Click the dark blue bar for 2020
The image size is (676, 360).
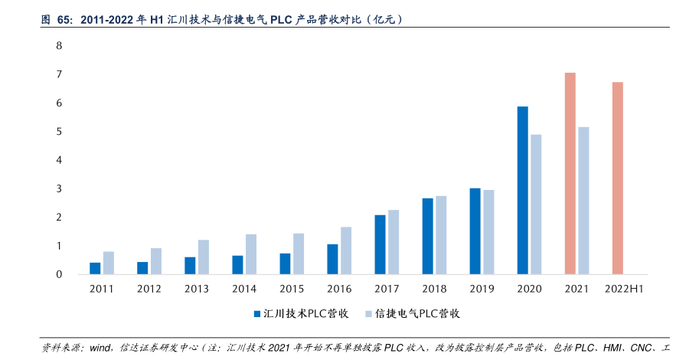coord(523,190)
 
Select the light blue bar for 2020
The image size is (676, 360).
coord(536,204)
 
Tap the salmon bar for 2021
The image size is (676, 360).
coord(570,173)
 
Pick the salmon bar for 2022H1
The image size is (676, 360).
coord(617,178)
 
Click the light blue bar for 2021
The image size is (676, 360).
coord(583,200)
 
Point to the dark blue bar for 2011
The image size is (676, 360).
coord(95,268)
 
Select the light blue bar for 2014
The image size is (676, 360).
coord(251,254)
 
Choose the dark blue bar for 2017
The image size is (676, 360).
coord(380,244)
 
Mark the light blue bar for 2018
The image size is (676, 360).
coord(441,235)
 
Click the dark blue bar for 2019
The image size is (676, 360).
coord(475,231)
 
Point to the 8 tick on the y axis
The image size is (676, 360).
coord(59,46)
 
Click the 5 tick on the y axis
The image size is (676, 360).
coord(59,132)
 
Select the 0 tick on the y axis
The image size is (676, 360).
coord(59,274)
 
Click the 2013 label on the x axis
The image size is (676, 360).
coord(197,289)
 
